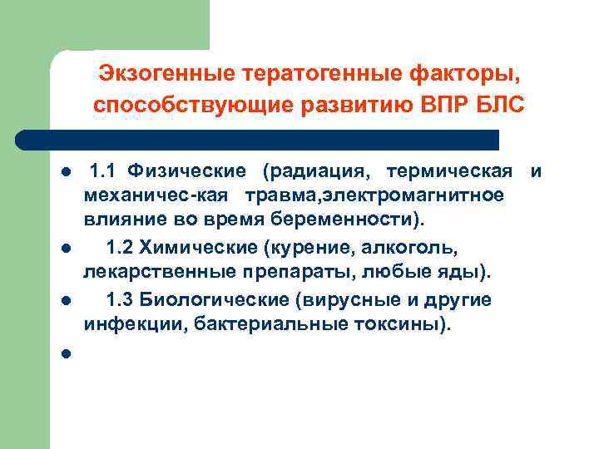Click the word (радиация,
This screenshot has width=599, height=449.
pyautogui.click(x=316, y=172)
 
